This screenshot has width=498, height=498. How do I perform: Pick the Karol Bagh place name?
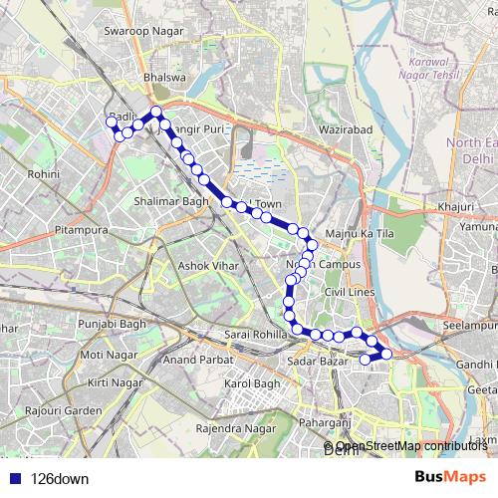click(x=253, y=383)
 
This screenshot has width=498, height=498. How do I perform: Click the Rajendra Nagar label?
click(x=234, y=429)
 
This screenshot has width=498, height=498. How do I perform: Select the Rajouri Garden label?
click(x=65, y=410)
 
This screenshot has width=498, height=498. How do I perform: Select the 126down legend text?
click(x=60, y=478)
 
